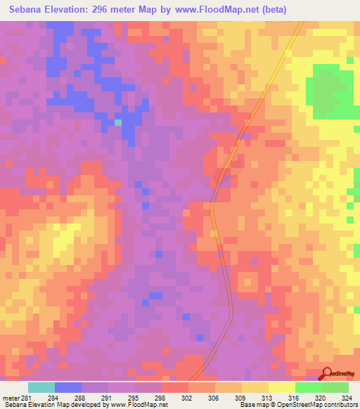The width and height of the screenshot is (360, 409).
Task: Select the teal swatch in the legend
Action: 41,387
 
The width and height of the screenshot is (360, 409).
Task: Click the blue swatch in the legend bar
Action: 68,387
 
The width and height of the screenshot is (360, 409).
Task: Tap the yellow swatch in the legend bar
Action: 281,387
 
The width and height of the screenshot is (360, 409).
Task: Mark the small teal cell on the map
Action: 118,123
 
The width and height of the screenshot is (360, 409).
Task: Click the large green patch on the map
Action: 330,91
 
